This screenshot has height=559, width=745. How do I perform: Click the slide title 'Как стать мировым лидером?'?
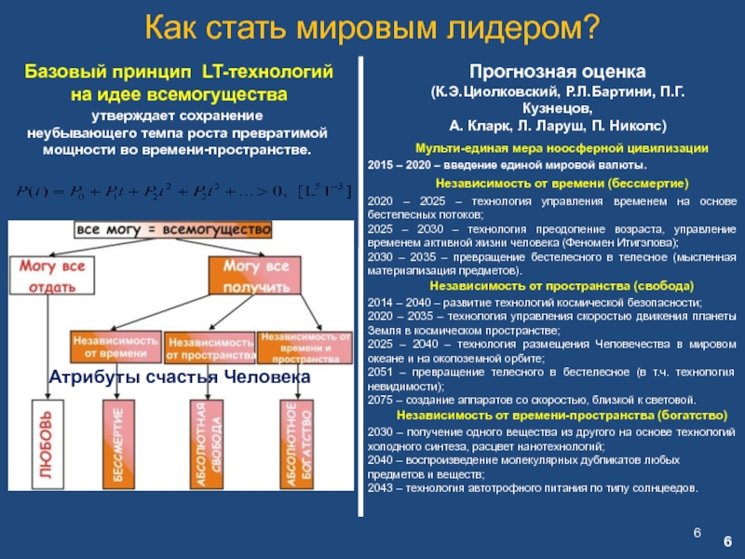372,27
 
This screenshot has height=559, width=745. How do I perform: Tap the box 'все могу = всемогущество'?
172,229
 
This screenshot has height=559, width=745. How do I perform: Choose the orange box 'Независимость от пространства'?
210,347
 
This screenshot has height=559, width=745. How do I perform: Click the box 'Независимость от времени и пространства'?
305,345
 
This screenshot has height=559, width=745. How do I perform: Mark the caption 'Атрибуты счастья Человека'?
179,377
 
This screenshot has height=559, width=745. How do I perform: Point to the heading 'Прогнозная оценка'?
557,73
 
